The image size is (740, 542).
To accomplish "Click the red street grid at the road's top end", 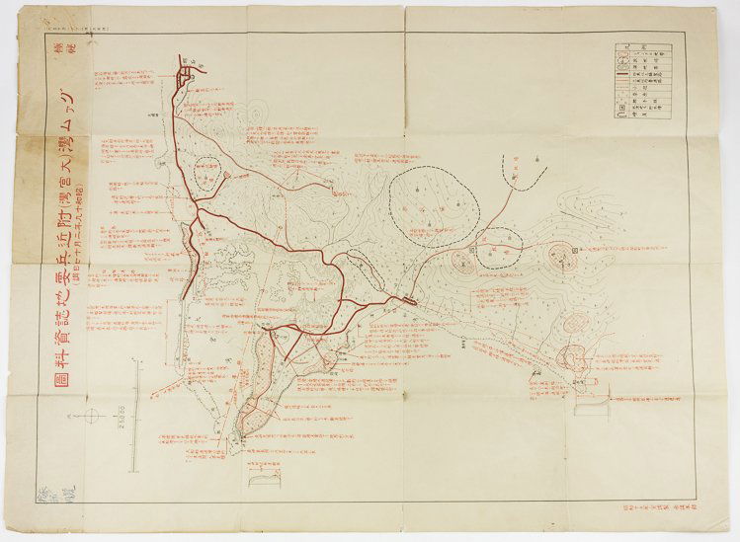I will click(x=188, y=71).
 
